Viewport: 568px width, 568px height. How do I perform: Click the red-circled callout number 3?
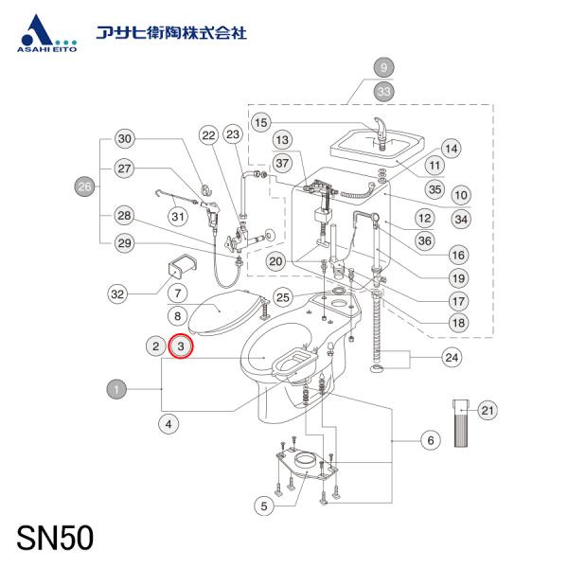tap(181, 346)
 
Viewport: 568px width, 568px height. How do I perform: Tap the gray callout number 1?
tap(116, 389)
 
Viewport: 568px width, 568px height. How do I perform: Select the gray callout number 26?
tap(84, 186)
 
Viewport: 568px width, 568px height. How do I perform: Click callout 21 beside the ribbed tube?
tap(488, 411)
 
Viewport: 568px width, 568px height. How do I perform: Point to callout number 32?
tap(117, 293)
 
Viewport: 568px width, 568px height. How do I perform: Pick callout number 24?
tap(452, 358)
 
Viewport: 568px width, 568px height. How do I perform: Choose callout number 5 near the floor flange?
tap(264, 506)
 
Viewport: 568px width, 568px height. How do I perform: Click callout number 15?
tap(261, 122)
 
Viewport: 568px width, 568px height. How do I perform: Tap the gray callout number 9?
tap(383, 67)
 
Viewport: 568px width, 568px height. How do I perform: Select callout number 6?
tap(431, 440)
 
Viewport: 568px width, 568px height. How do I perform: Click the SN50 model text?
tap(55, 539)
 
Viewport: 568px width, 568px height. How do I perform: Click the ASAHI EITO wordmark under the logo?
tap(46, 48)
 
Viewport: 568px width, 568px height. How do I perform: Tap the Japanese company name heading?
tap(171, 33)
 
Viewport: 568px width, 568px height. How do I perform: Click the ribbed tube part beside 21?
tap(461, 423)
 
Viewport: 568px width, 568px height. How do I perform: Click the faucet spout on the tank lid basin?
tap(380, 132)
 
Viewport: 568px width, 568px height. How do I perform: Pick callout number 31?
tap(178, 217)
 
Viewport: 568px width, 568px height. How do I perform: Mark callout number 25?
tap(282, 297)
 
